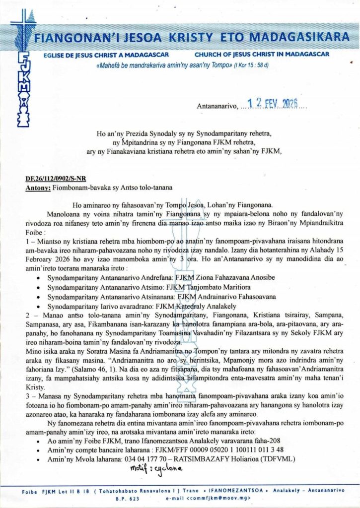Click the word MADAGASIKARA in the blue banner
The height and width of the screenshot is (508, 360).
click(300, 37)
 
